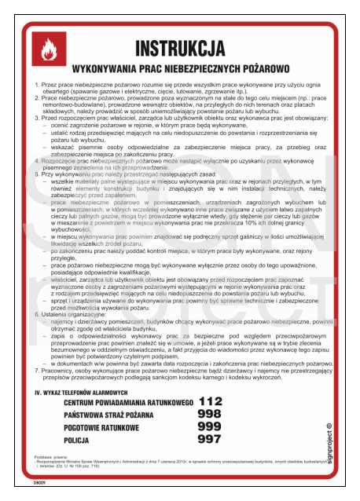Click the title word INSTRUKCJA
point(180,49)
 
